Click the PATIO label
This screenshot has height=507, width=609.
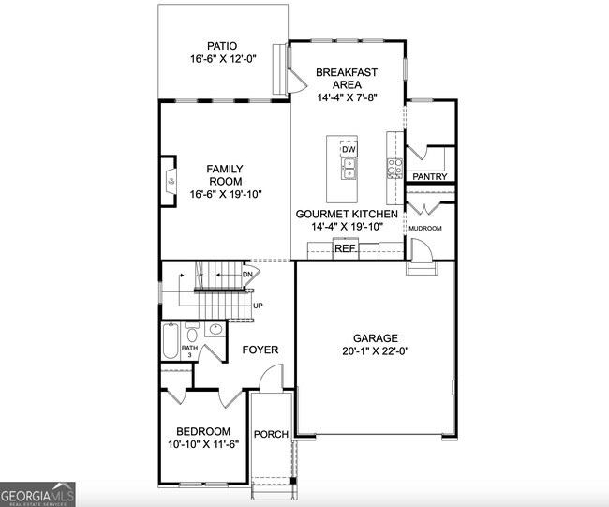(221, 45)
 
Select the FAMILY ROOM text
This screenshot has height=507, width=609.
(225, 174)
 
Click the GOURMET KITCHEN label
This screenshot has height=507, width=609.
(347, 214)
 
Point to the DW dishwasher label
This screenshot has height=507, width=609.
(349, 150)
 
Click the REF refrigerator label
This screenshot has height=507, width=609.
(345, 248)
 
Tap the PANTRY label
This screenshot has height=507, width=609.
(430, 177)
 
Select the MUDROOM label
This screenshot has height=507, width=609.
(424, 228)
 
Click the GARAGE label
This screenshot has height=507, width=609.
(376, 338)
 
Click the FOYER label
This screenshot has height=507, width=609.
(260, 350)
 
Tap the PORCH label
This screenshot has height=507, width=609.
(272, 434)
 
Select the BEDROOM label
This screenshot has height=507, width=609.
(203, 431)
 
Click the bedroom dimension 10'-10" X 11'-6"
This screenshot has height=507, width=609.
(203, 444)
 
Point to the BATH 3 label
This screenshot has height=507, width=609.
(191, 350)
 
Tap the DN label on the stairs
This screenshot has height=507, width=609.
(248, 274)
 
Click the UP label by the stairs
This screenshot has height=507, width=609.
(258, 306)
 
